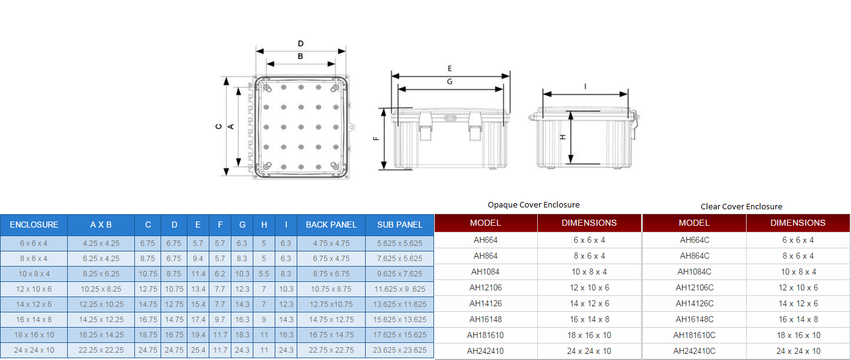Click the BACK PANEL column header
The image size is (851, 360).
tap(331, 225)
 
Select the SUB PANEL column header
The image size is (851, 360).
tap(400, 225)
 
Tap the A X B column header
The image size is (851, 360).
tap(101, 225)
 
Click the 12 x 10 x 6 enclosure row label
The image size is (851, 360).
tap(34, 289)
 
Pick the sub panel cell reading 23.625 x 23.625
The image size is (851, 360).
tap(400, 350)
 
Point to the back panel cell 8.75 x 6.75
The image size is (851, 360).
tap(331, 274)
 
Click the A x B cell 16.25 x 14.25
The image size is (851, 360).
tap(101, 335)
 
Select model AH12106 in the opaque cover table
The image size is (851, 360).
tap(485, 287)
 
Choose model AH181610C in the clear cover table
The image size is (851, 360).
tap(694, 336)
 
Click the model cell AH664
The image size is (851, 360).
tap(485, 240)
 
